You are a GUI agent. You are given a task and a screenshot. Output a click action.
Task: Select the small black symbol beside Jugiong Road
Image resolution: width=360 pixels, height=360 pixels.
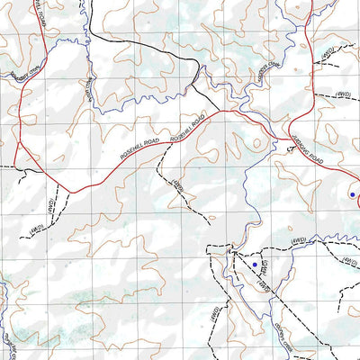(290, 151)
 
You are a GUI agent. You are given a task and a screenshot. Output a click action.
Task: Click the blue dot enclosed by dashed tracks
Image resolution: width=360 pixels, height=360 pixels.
(255, 265)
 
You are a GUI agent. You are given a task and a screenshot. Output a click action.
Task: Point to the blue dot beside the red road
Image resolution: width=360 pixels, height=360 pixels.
(352, 193)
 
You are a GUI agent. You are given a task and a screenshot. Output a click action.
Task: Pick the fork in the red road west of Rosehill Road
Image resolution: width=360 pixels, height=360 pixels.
(18, 143)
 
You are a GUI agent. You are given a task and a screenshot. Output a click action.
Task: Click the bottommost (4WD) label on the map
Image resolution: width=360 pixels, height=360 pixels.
(214, 314)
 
